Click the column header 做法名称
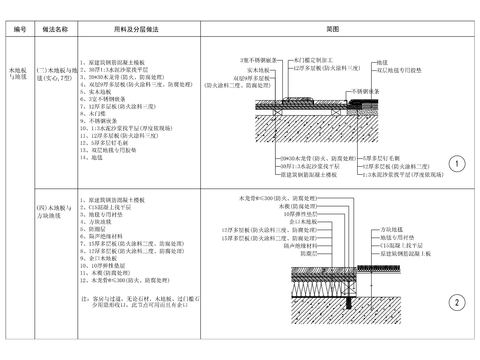click(55, 30)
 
